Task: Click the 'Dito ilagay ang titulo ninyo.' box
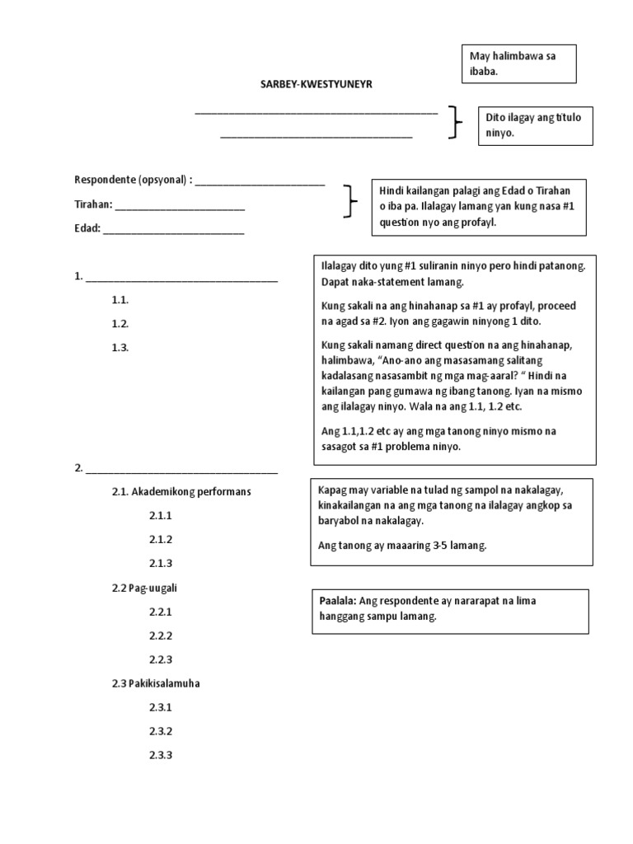[536, 124]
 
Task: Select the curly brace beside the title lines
[454, 123]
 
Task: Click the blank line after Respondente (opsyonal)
[260, 181]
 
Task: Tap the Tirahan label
[92, 205]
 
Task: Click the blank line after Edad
[174, 230]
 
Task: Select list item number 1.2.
[120, 324]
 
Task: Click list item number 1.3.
[120, 348]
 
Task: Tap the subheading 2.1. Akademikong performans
[181, 491]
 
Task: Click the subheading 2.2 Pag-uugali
[145, 588]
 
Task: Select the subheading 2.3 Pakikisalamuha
[156, 683]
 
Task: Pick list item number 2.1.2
[161, 539]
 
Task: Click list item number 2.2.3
[161, 659]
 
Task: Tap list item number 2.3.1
[161, 707]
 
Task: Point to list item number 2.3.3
[161, 755]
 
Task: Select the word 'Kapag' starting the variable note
[332, 490]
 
